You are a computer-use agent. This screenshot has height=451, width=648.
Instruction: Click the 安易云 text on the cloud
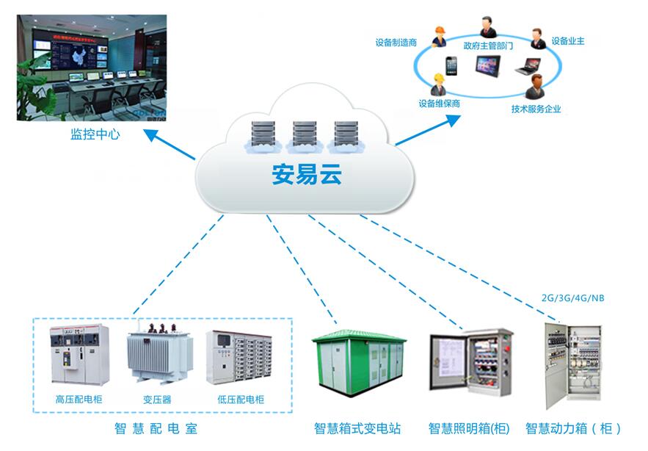(x=307, y=175)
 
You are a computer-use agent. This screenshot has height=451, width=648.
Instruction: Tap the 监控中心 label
(x=95, y=134)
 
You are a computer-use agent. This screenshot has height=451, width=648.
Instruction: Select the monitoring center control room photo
(x=92, y=67)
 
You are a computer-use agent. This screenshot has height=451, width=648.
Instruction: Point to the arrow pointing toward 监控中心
(x=170, y=145)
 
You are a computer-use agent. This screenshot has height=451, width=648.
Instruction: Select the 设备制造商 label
(x=396, y=43)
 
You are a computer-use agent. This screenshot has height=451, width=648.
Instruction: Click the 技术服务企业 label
(x=536, y=109)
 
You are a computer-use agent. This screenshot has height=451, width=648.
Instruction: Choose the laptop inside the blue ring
(x=527, y=66)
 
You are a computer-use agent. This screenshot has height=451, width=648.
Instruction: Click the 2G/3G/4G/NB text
(x=572, y=299)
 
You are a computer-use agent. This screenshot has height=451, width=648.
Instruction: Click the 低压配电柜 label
(x=241, y=400)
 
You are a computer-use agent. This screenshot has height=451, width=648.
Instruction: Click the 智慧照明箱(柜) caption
(x=469, y=428)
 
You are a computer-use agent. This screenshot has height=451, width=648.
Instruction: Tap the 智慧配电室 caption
(x=156, y=428)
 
